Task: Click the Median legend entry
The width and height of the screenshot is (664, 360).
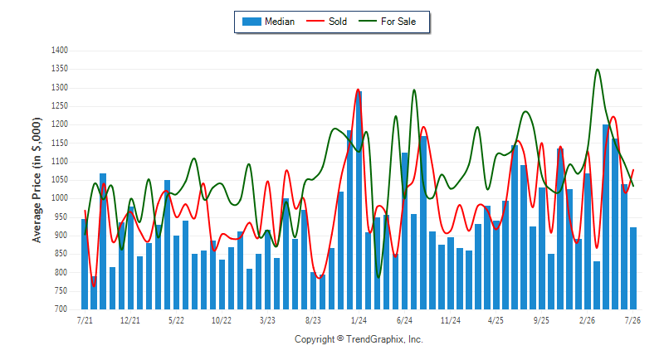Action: coord(268,22)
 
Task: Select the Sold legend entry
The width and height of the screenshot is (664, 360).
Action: coord(326,22)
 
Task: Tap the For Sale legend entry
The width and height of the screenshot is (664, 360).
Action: coord(388,22)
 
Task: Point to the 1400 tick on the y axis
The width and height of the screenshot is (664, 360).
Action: coord(60,51)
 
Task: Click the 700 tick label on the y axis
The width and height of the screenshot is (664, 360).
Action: coord(61,309)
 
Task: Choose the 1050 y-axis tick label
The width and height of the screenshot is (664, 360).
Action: coord(60,180)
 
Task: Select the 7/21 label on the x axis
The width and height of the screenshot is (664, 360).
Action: coord(85,320)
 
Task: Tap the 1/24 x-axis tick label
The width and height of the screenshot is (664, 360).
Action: coord(359,320)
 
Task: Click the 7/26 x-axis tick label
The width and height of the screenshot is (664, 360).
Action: coord(632,320)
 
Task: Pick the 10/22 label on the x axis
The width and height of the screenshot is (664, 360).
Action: coord(222,320)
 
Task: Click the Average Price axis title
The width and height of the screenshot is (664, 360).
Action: coord(37,180)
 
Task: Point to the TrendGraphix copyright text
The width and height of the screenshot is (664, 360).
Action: coord(359,339)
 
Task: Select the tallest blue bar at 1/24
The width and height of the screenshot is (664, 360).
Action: coord(359,200)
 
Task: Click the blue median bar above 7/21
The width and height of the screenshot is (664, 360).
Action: coord(85,264)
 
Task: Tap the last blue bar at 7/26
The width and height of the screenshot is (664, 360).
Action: coord(633,268)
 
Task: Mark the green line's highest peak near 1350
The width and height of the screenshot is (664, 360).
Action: coord(598,70)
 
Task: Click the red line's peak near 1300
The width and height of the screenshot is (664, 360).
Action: coord(359,90)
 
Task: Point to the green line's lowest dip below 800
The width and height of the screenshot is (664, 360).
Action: coord(378,278)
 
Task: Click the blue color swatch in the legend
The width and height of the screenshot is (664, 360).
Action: coord(251,22)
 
